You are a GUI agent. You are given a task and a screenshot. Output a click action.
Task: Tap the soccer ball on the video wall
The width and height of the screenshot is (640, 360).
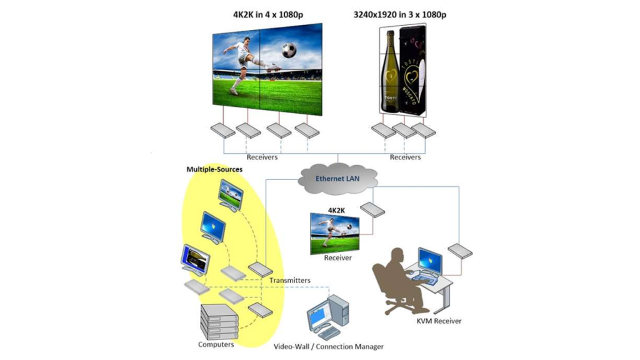click(289, 51)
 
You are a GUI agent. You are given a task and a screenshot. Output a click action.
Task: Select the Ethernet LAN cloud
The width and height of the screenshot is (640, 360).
click(337, 178)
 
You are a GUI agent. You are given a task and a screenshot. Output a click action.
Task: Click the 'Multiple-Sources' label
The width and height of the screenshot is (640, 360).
click(214, 169)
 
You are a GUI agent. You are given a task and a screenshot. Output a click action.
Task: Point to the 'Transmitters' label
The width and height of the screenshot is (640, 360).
click(290, 281)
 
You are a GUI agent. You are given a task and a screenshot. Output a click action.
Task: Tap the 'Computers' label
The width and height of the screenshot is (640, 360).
click(216, 344)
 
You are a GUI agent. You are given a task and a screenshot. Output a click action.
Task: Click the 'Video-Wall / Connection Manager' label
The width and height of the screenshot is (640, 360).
click(329, 346)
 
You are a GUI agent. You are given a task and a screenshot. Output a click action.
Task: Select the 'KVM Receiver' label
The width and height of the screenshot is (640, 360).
click(439, 321)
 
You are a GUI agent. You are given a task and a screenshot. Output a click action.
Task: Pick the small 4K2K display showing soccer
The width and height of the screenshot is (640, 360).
click(335, 232)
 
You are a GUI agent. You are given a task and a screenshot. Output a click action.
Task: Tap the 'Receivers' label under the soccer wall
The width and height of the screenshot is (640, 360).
click(262, 157)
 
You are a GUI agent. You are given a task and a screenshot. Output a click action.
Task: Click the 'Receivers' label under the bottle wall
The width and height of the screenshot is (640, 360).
click(405, 157)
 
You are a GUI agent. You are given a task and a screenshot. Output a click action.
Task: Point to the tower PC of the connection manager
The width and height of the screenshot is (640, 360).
click(340, 315)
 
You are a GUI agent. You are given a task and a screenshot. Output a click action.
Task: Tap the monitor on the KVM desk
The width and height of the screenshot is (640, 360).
click(431, 261)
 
